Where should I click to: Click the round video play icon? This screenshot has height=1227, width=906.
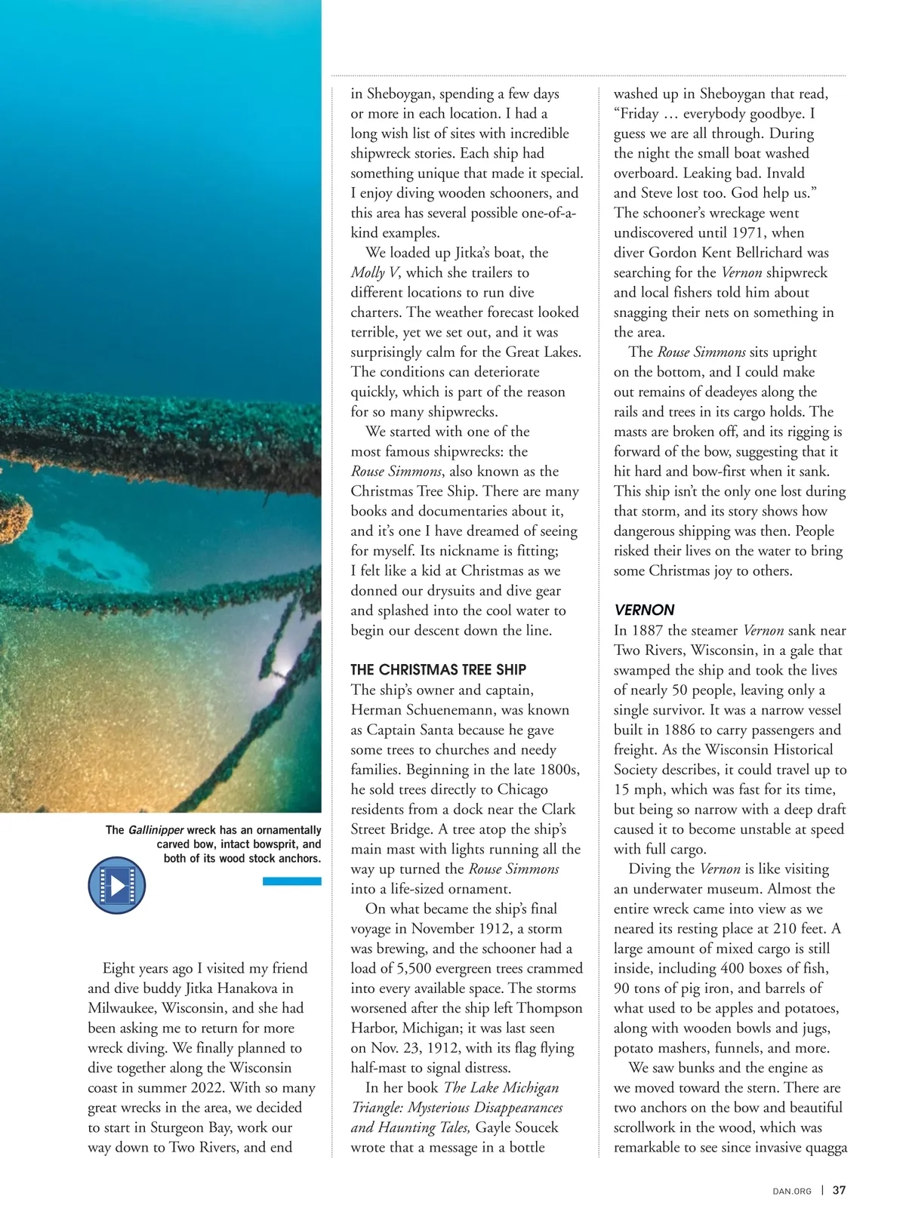click(x=116, y=885)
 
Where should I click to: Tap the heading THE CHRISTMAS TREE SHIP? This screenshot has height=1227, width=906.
click(x=438, y=669)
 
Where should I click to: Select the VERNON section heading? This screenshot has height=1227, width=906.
click(x=644, y=610)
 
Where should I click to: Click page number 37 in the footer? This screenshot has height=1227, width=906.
click(x=839, y=1190)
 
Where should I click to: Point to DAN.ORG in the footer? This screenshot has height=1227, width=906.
click(x=792, y=1191)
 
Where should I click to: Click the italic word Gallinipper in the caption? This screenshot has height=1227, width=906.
click(x=156, y=830)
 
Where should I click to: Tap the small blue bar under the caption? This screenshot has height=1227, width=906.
click(x=291, y=881)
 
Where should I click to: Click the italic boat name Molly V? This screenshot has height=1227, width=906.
click(x=374, y=272)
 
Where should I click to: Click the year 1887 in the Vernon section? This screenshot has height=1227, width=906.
click(x=647, y=630)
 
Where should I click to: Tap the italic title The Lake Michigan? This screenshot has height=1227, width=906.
click(x=501, y=1087)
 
